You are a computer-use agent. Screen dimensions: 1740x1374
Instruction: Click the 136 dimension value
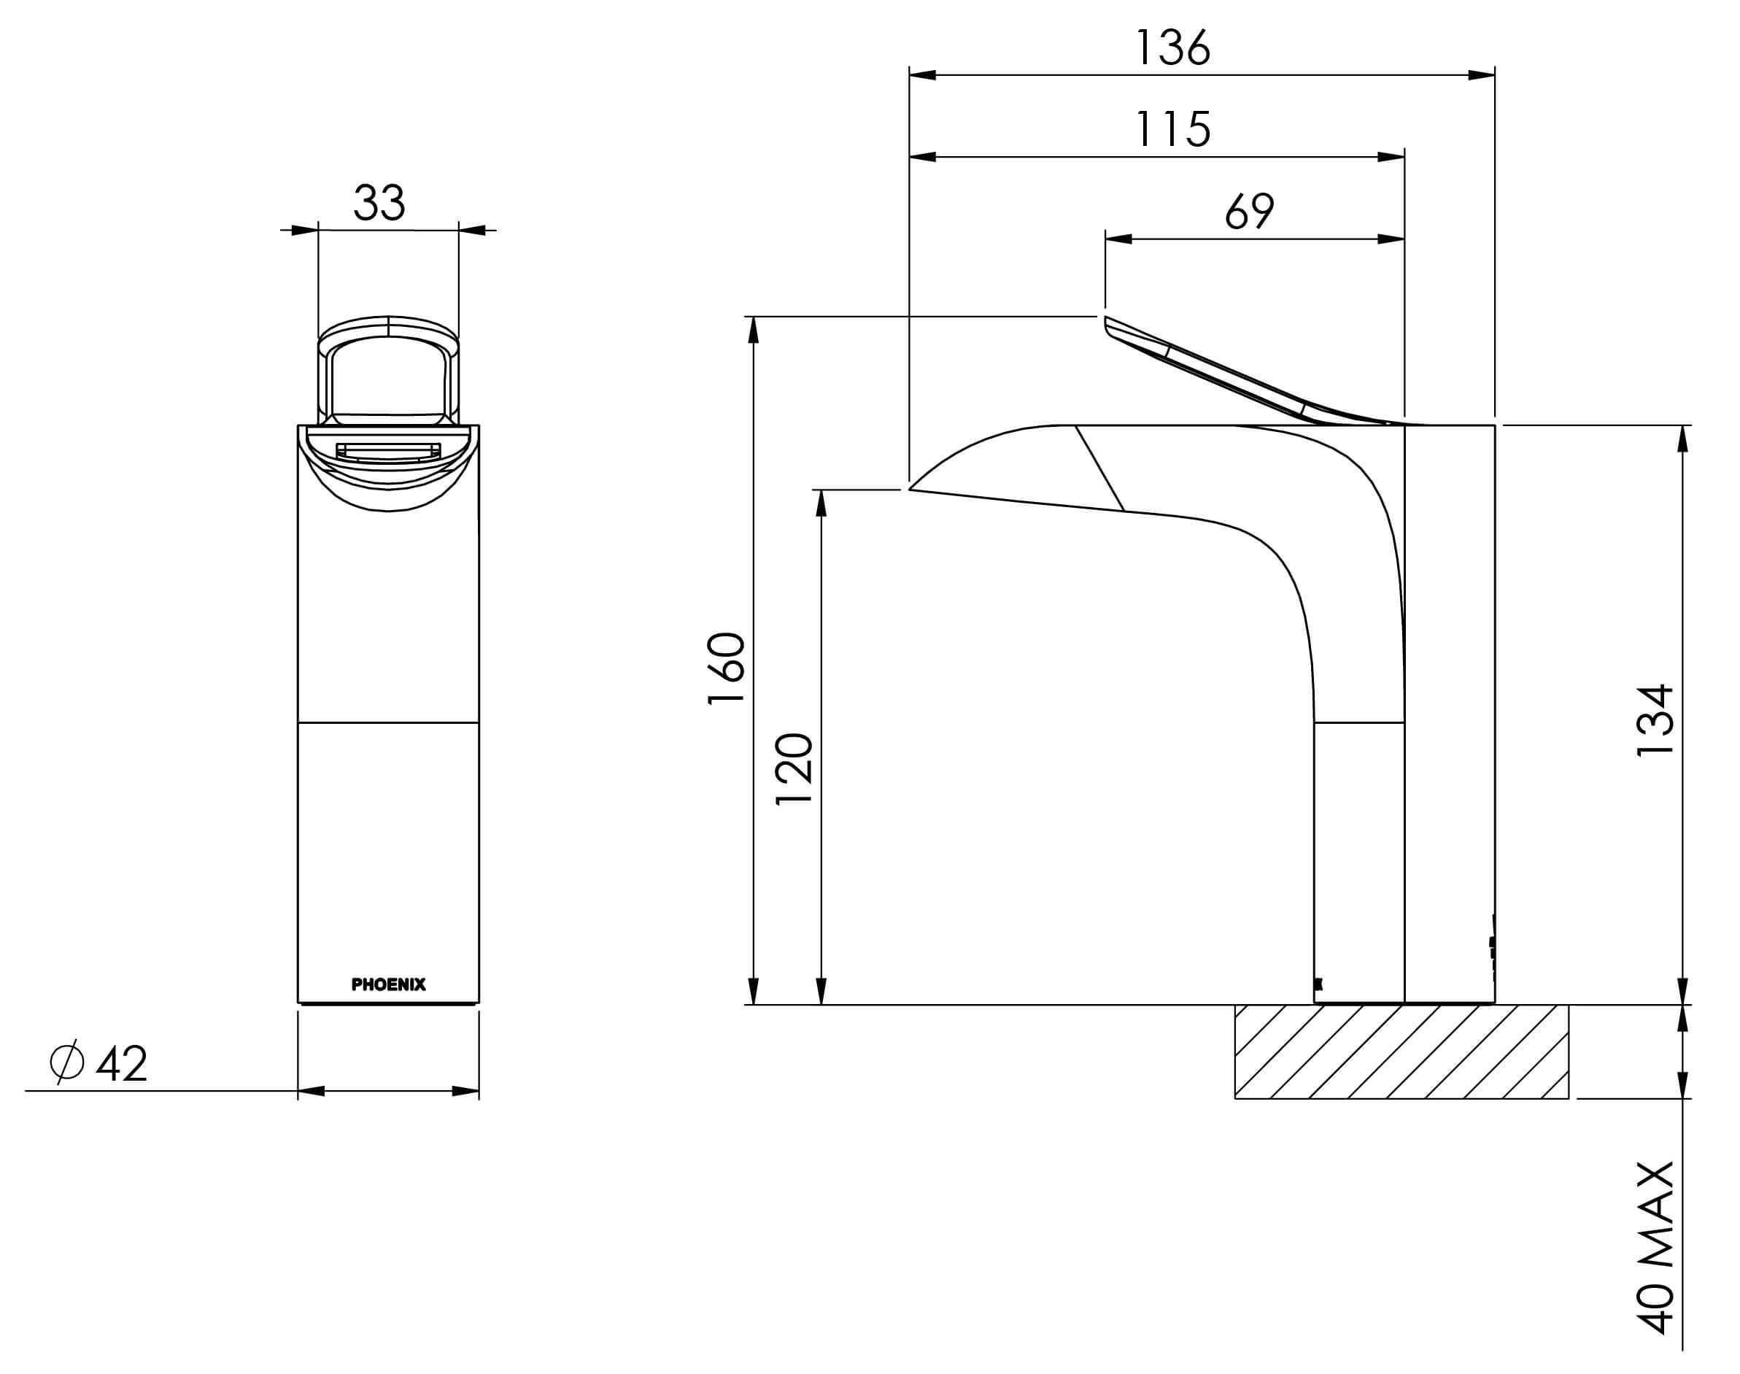[x=1172, y=48]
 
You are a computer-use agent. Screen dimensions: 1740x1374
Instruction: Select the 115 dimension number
[x=1173, y=129]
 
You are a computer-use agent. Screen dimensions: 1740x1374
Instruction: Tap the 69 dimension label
[x=1249, y=212]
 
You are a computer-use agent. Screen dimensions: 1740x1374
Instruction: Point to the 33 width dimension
[x=379, y=203]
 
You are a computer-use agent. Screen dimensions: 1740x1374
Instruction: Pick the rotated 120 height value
[x=794, y=769]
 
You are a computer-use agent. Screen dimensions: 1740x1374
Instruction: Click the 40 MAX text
[x=1655, y=1248]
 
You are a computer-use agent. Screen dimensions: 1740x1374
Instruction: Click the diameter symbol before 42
[x=67, y=1062]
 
